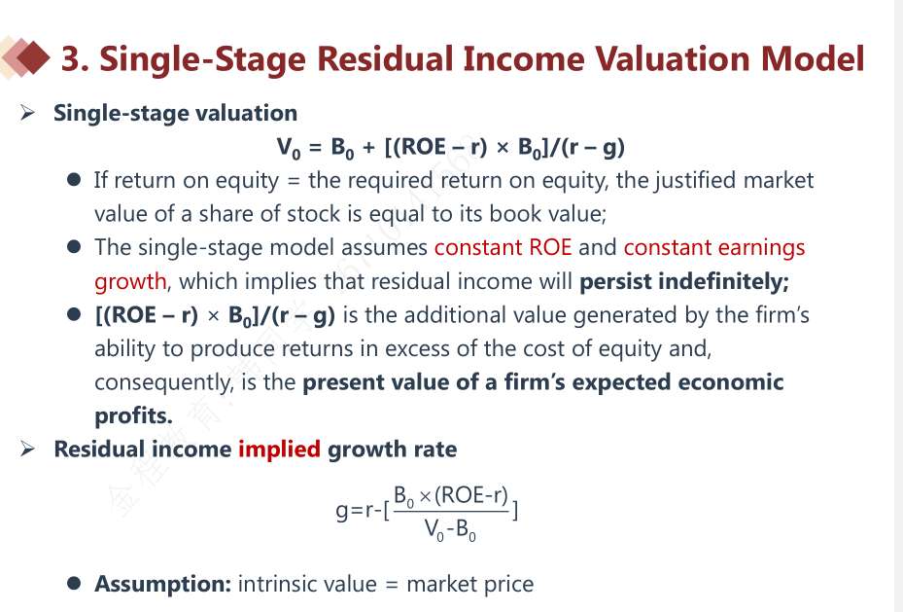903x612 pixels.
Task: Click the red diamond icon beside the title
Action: [x=33, y=57]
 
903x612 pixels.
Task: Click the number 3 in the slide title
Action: [x=70, y=58]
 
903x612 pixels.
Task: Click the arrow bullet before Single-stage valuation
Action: [x=27, y=112]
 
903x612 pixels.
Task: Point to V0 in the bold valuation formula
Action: [x=289, y=148]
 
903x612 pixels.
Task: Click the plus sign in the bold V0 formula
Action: [x=368, y=149]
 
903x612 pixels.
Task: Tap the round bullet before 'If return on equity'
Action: [x=74, y=180]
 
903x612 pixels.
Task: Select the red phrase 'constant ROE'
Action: [x=503, y=247]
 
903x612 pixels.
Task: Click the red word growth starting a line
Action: [x=130, y=282]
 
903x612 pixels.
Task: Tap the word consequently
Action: [x=164, y=382]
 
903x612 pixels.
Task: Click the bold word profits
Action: [x=133, y=415]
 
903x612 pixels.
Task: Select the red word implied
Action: [x=279, y=450]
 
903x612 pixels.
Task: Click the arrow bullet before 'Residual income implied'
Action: [x=27, y=449]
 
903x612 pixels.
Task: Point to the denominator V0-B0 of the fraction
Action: [x=450, y=529]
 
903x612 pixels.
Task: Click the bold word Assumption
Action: [x=163, y=585]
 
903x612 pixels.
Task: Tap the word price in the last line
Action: [x=508, y=585]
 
